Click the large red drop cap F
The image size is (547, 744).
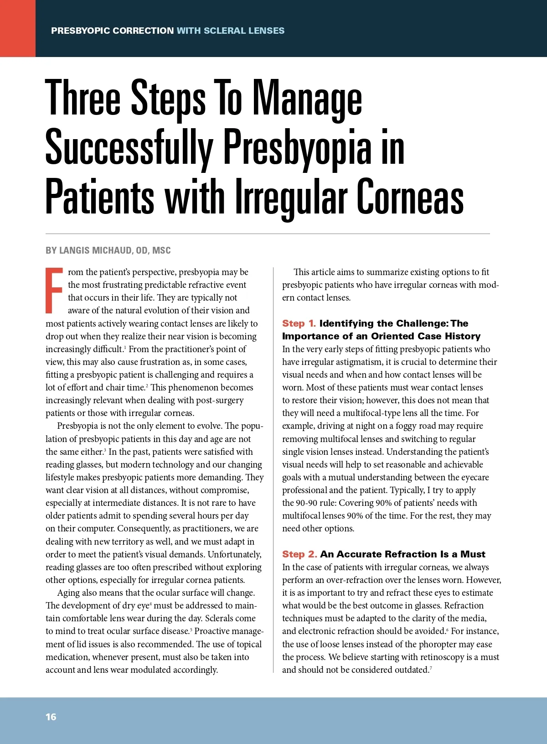tap(54, 291)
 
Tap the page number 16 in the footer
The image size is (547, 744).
tap(51, 717)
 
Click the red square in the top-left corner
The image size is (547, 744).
tap(18, 28)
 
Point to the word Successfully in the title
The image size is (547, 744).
tap(129, 148)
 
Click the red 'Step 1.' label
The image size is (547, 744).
tap(299, 323)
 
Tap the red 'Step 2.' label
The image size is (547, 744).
tap(299, 554)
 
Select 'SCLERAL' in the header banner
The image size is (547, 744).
tap(224, 31)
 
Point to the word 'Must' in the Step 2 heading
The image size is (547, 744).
tap(473, 554)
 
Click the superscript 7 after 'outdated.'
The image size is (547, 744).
tap(431, 668)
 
